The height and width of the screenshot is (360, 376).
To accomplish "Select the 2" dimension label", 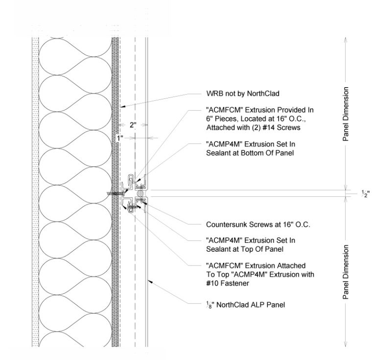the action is coord(133,125).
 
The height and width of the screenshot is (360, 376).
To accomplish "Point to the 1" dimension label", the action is coord(120,138).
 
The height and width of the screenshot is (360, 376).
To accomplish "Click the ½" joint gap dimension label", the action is coord(365,193).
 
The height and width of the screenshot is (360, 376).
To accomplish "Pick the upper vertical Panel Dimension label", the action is coord(346,114).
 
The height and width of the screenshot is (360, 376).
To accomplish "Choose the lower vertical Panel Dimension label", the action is coord(346,272).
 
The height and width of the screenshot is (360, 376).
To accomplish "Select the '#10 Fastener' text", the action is coord(228,283).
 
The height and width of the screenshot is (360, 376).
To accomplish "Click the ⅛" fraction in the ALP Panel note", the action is coord(209,305).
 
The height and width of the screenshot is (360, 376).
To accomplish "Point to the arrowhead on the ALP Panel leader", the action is coord(150,281).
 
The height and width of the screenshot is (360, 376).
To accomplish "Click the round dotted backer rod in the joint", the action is coord(140,193).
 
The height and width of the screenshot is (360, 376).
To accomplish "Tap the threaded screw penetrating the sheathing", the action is coord(115,193).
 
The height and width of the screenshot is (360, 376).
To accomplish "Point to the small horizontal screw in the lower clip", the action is coord(132,206).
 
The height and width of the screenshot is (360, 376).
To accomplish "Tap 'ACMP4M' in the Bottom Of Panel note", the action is coord(224,144).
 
